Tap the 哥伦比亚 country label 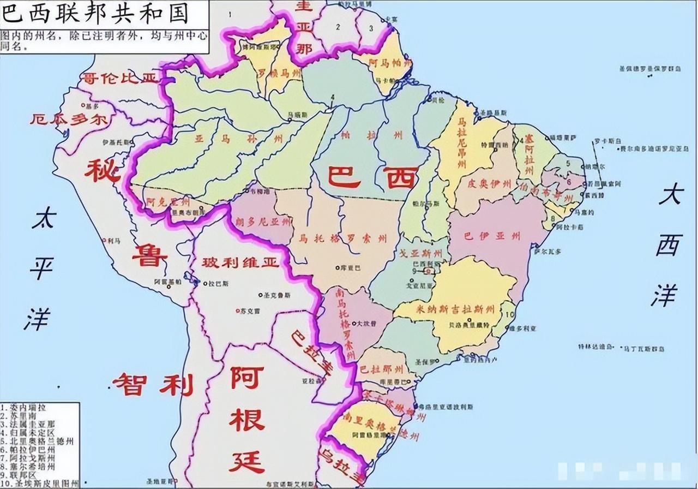[118, 78]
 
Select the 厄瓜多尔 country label [69, 120]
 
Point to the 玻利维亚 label [240, 263]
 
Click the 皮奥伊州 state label [489, 184]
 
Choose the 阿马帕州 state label [388, 63]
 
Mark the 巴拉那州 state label [382, 367]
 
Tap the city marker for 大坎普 [353, 323]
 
